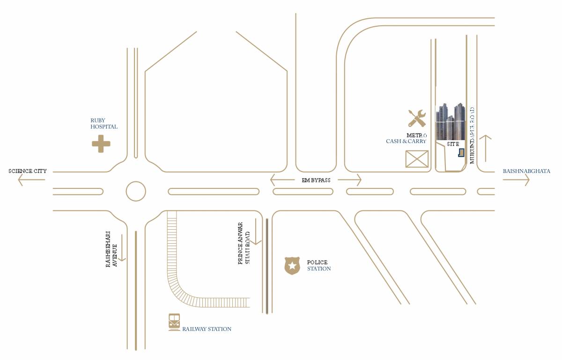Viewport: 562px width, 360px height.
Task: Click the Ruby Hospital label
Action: click(x=104, y=124)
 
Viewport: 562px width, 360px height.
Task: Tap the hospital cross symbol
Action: click(x=101, y=143)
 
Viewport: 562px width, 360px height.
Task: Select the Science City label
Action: click(x=28, y=171)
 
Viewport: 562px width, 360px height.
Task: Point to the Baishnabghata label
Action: click(x=526, y=171)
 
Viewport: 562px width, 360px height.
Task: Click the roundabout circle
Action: click(x=136, y=191)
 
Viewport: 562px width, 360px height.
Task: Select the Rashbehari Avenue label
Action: click(x=111, y=248)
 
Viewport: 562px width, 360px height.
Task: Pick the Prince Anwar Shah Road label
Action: click(x=244, y=243)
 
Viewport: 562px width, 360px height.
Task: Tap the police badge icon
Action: click(x=292, y=265)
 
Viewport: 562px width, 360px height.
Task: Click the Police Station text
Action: click(x=318, y=265)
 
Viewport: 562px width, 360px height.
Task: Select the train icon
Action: click(x=174, y=322)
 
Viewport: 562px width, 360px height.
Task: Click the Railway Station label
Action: click(x=207, y=329)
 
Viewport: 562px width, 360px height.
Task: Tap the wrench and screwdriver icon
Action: click(x=416, y=118)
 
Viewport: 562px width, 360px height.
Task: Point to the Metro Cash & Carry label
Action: click(x=407, y=138)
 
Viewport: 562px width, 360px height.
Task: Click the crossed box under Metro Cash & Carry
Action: click(x=417, y=159)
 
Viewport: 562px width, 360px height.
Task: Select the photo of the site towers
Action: click(x=451, y=122)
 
